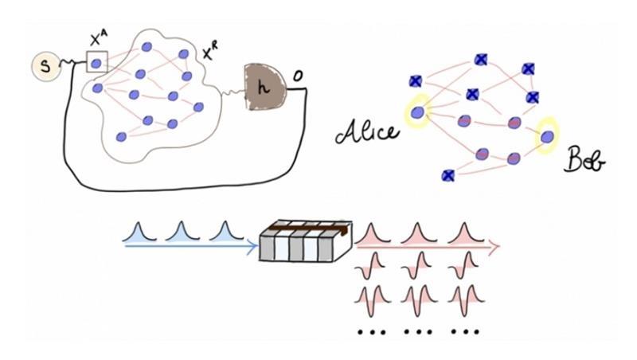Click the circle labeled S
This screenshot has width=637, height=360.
[45, 67]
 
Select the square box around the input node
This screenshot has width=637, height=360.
[96, 61]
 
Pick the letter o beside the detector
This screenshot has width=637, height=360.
[297, 76]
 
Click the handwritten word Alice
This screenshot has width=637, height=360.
[367, 131]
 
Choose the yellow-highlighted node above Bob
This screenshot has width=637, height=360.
[546, 136]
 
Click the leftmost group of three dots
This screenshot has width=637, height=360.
[371, 331]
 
